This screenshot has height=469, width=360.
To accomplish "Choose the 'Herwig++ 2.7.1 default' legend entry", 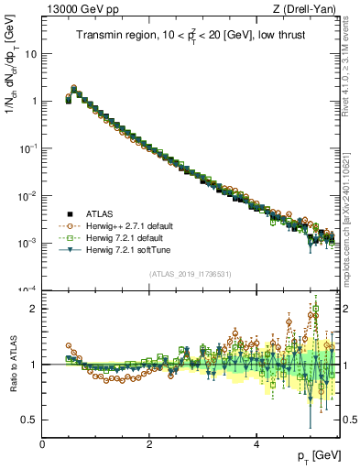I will pyautogui.click(x=133, y=225).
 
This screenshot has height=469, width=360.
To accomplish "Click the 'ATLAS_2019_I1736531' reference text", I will pyautogui.click(x=191, y=274).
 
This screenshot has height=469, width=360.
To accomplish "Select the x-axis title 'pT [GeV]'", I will pyautogui.click(x=318, y=455).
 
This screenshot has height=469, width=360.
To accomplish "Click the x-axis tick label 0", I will pyautogui.click(x=42, y=444).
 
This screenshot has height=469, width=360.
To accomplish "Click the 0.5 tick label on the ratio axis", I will pyautogui.click(x=28, y=420).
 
